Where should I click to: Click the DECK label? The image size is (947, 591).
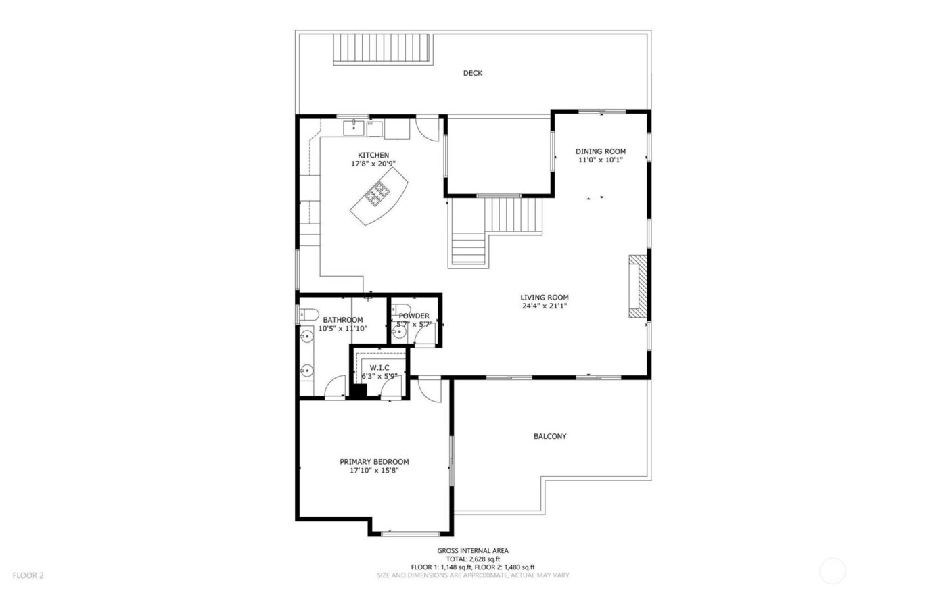(x=472, y=73)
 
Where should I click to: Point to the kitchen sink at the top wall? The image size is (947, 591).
(x=354, y=126)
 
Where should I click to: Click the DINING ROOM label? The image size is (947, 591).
(x=600, y=151)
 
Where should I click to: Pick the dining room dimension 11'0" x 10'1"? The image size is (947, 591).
(x=600, y=160)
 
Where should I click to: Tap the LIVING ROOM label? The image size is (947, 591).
(x=544, y=297)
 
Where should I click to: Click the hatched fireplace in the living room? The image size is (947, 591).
(x=637, y=286)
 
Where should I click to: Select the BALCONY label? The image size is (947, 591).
(x=550, y=436)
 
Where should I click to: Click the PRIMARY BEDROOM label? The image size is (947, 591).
(x=374, y=462)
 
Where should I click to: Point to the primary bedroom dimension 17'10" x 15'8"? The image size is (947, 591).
(x=374, y=471)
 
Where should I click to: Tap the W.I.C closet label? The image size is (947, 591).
(x=379, y=367)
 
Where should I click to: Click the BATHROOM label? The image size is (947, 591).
(x=342, y=320)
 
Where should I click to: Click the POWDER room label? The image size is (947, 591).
(x=413, y=316)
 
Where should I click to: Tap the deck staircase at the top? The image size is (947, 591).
(x=382, y=49)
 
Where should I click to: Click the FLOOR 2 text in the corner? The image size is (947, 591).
(x=28, y=575)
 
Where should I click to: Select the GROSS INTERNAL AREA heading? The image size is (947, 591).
(x=473, y=551)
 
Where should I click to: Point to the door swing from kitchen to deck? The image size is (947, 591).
(x=426, y=128)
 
